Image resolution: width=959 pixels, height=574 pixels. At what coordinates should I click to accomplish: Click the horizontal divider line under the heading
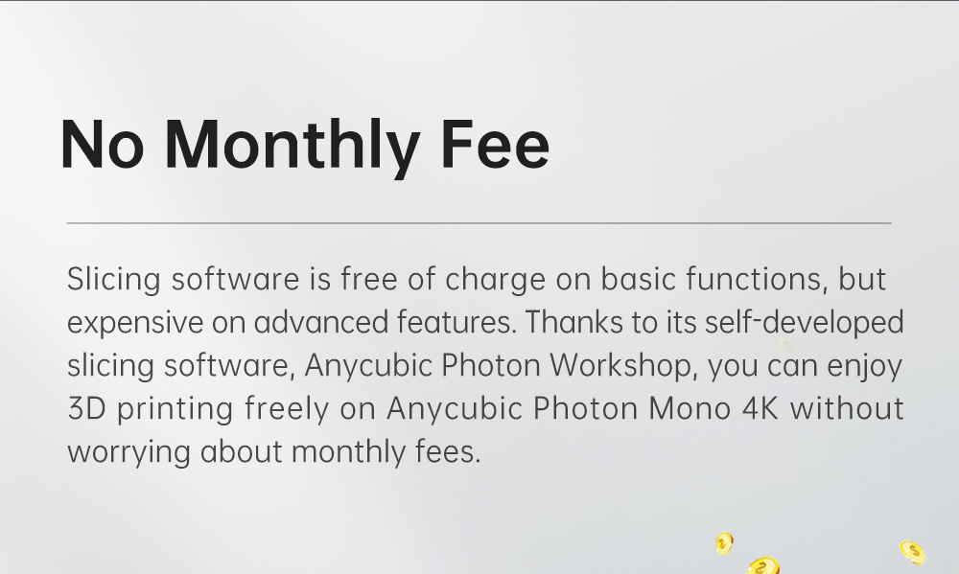click(x=479, y=222)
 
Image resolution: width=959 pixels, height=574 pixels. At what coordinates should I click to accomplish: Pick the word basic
click(x=637, y=280)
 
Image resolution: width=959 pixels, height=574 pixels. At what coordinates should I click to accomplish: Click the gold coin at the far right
click(x=912, y=551)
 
